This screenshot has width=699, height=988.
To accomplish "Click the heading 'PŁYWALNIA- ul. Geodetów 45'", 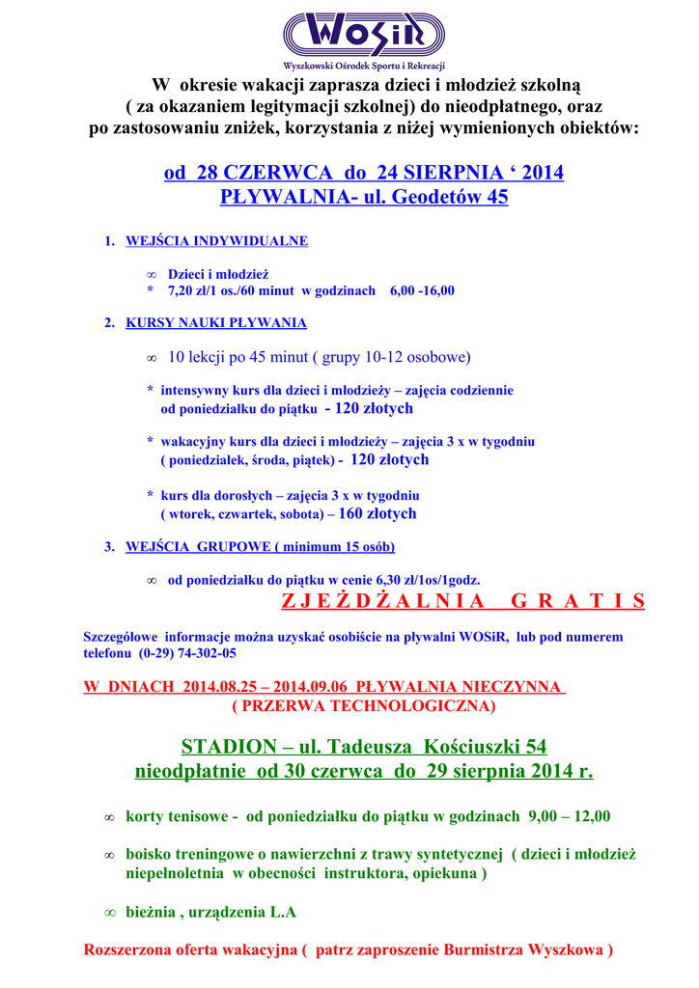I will [x=364, y=198].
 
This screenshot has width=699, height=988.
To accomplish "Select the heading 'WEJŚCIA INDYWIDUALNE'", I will [x=216, y=241].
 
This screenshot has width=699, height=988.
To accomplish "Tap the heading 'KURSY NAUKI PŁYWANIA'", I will [x=216, y=323].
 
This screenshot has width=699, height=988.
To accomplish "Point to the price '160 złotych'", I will [x=377, y=514].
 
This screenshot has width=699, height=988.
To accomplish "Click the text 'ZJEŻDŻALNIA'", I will [x=383, y=602].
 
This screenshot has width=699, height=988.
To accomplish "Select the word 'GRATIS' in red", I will [x=577, y=602].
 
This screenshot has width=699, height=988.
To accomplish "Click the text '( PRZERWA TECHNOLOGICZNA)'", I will [x=364, y=706].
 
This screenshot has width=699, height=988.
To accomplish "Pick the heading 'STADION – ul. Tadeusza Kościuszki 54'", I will [x=364, y=748].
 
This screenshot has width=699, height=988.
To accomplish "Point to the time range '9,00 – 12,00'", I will [x=569, y=816].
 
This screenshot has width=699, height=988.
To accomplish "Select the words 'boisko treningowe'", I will [x=183, y=855].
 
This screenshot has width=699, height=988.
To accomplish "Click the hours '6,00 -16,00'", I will [x=422, y=290].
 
